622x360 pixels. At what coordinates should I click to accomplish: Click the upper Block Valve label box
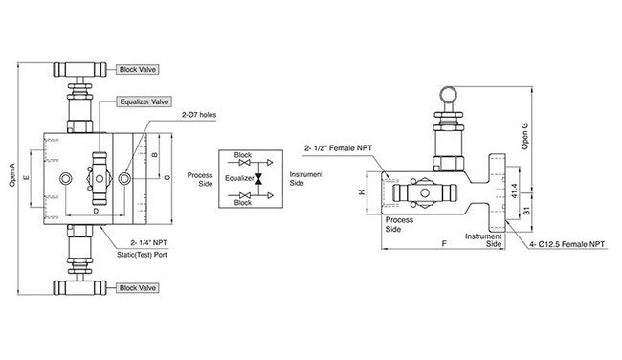[x=138, y=70]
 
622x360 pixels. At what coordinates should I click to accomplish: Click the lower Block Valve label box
[x=138, y=287]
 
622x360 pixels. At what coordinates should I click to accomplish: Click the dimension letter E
[x=26, y=178]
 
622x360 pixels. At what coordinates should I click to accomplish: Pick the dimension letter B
[x=154, y=153]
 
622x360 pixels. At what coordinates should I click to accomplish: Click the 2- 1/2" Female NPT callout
[x=340, y=147]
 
